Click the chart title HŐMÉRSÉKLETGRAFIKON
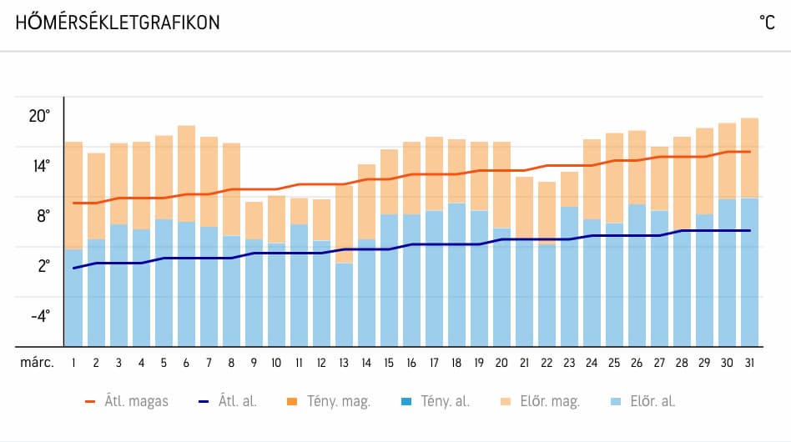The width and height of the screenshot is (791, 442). (x=118, y=23)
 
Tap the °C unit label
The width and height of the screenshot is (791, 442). (x=768, y=23)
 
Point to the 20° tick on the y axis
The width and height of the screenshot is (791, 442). (x=39, y=116)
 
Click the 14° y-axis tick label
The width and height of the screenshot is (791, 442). (x=39, y=166)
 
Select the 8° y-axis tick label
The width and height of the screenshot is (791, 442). (x=41, y=216)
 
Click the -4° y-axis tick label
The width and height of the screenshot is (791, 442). (x=39, y=316)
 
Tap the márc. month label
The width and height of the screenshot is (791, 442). (x=37, y=363)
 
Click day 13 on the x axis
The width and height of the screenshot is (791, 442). (x=344, y=363)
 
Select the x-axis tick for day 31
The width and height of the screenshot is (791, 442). (x=748, y=363)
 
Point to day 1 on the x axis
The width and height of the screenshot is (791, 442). (x=74, y=363)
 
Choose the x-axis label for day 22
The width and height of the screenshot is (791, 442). (x=547, y=363)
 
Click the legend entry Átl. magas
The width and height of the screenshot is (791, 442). (x=126, y=401)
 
